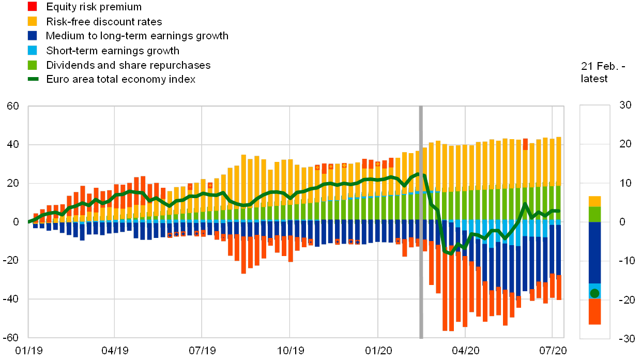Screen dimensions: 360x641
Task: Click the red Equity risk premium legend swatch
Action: (32, 7)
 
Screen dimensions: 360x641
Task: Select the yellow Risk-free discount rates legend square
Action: (32, 21)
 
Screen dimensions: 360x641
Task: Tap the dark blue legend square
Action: (32, 36)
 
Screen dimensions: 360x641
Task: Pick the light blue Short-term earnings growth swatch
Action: (32, 50)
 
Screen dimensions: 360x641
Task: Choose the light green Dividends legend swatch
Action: (32, 65)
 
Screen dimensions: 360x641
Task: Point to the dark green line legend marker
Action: (32, 79)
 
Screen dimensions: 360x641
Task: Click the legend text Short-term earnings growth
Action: (112, 50)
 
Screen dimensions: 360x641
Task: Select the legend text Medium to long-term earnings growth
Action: (137, 36)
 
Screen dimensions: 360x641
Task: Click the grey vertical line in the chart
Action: (421, 222)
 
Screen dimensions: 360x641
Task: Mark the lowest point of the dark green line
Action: (450, 253)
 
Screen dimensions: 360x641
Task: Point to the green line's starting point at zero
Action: (29, 221)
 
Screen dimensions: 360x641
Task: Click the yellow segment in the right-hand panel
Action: (594, 201)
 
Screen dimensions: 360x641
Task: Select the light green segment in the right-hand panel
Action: (594, 214)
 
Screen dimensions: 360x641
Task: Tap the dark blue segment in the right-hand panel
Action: (594, 252)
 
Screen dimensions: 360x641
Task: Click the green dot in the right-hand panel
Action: (594, 293)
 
